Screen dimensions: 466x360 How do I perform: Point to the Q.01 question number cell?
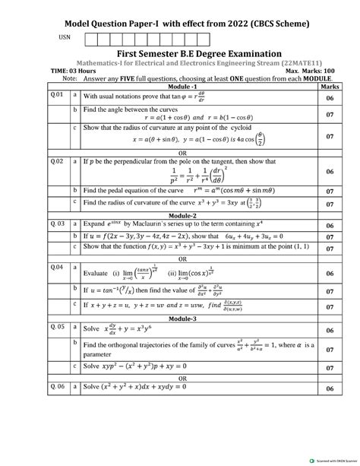point(56,97)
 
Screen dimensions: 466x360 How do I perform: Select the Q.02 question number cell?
point(56,161)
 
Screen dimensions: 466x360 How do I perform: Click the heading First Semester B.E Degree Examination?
point(184,51)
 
